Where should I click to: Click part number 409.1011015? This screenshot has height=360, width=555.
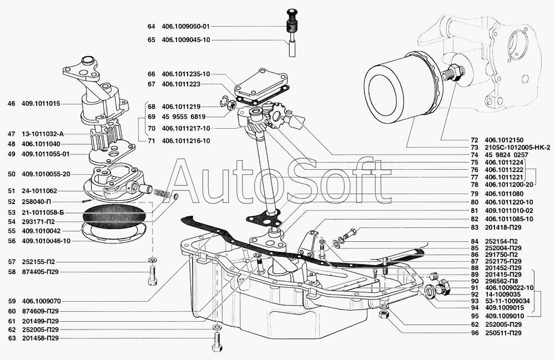[x=41, y=104]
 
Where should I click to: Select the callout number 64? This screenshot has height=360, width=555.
[x=151, y=26]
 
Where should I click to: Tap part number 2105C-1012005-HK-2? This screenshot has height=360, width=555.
[x=517, y=147]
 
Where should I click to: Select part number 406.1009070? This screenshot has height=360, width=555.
[x=41, y=301]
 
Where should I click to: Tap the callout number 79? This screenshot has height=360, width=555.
[x=475, y=194]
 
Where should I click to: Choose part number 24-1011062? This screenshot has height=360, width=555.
[x=39, y=191]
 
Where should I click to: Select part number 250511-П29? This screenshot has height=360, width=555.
[x=503, y=333]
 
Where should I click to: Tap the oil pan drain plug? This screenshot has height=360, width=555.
[x=442, y=287]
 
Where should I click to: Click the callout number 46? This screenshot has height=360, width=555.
[x=11, y=104]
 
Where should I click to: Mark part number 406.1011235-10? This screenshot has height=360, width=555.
[x=186, y=74]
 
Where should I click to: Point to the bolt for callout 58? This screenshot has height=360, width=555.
[x=152, y=276]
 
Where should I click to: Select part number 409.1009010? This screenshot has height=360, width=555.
[x=504, y=316]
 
